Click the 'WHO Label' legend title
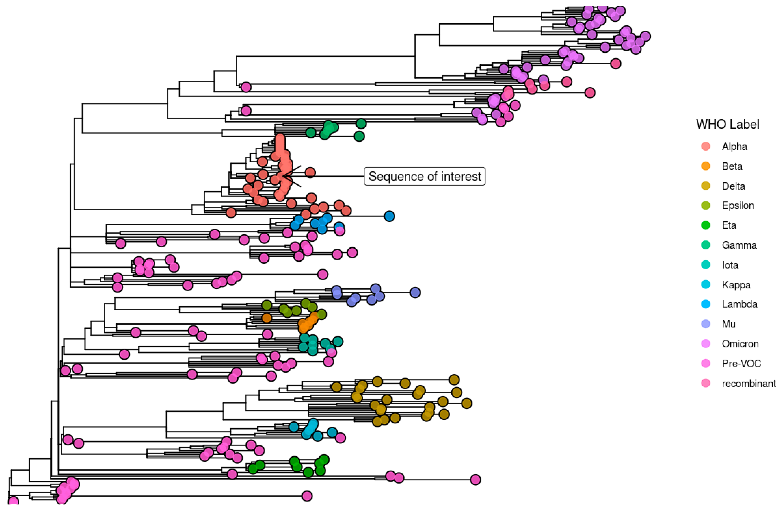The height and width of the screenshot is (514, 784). (x=727, y=124)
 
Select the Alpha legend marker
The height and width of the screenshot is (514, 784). (x=706, y=146)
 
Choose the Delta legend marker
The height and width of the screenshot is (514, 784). (x=706, y=186)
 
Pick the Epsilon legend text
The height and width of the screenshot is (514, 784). (x=737, y=205)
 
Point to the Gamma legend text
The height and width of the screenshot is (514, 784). (x=739, y=245)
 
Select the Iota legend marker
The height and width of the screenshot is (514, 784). (x=706, y=265)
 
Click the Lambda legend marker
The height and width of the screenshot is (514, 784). (x=706, y=304)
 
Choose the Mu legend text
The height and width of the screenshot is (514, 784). (x=728, y=324)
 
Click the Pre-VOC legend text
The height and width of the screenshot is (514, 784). (x=741, y=363)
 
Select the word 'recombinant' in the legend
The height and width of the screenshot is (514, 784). (x=748, y=383)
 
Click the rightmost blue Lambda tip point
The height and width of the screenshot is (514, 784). (x=389, y=216)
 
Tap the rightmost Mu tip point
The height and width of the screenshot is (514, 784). (x=415, y=292)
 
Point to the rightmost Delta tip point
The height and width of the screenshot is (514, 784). (x=466, y=403)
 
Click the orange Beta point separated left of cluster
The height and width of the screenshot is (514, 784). (x=267, y=318)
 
